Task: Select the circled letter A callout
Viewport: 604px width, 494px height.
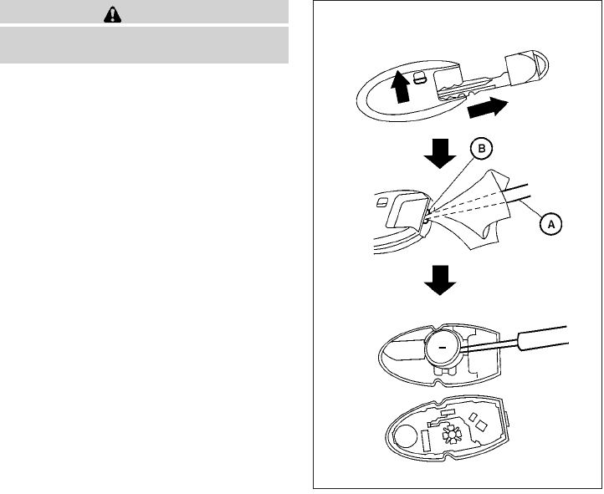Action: click(x=551, y=224)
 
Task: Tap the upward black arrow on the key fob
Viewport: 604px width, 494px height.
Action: click(x=401, y=85)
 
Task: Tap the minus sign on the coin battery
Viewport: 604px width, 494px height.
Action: click(x=443, y=343)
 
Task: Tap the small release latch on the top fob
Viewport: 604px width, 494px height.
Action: click(x=420, y=76)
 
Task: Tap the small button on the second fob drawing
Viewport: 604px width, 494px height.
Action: click(x=383, y=201)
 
